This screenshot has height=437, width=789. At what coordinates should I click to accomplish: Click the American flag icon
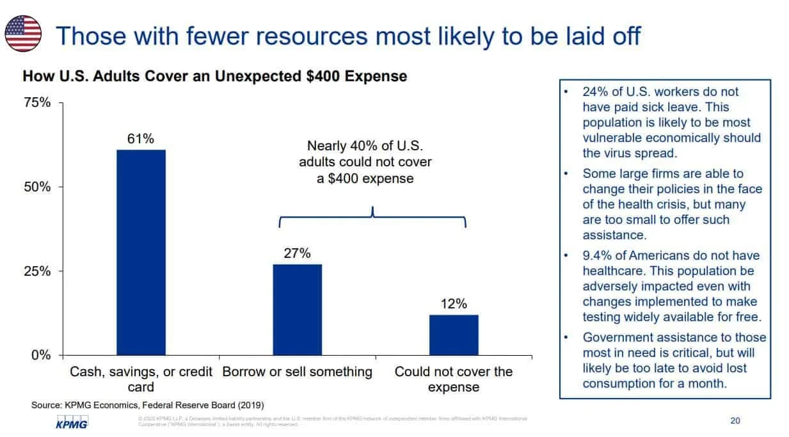click(24, 33)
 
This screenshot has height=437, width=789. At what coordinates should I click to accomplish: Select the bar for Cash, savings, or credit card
click(141, 252)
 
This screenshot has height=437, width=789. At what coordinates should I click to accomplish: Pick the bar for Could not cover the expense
click(454, 335)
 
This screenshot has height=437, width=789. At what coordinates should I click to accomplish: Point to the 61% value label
click(141, 139)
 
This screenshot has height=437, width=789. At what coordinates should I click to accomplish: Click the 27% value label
click(297, 253)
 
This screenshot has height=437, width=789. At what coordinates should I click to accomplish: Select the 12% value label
click(454, 304)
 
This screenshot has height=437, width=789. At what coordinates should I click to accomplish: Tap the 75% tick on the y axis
click(37, 103)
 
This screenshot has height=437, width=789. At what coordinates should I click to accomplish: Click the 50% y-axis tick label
click(37, 187)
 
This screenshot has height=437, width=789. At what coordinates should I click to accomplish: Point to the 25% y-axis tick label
click(37, 271)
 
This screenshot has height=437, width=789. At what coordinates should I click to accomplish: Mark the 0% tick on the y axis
click(41, 355)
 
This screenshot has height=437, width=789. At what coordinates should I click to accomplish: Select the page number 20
click(735, 420)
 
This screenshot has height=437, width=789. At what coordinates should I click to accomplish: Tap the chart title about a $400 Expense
click(215, 76)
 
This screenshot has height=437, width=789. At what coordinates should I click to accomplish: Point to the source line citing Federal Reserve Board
click(147, 405)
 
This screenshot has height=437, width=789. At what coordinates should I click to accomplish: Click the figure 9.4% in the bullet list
click(598, 256)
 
